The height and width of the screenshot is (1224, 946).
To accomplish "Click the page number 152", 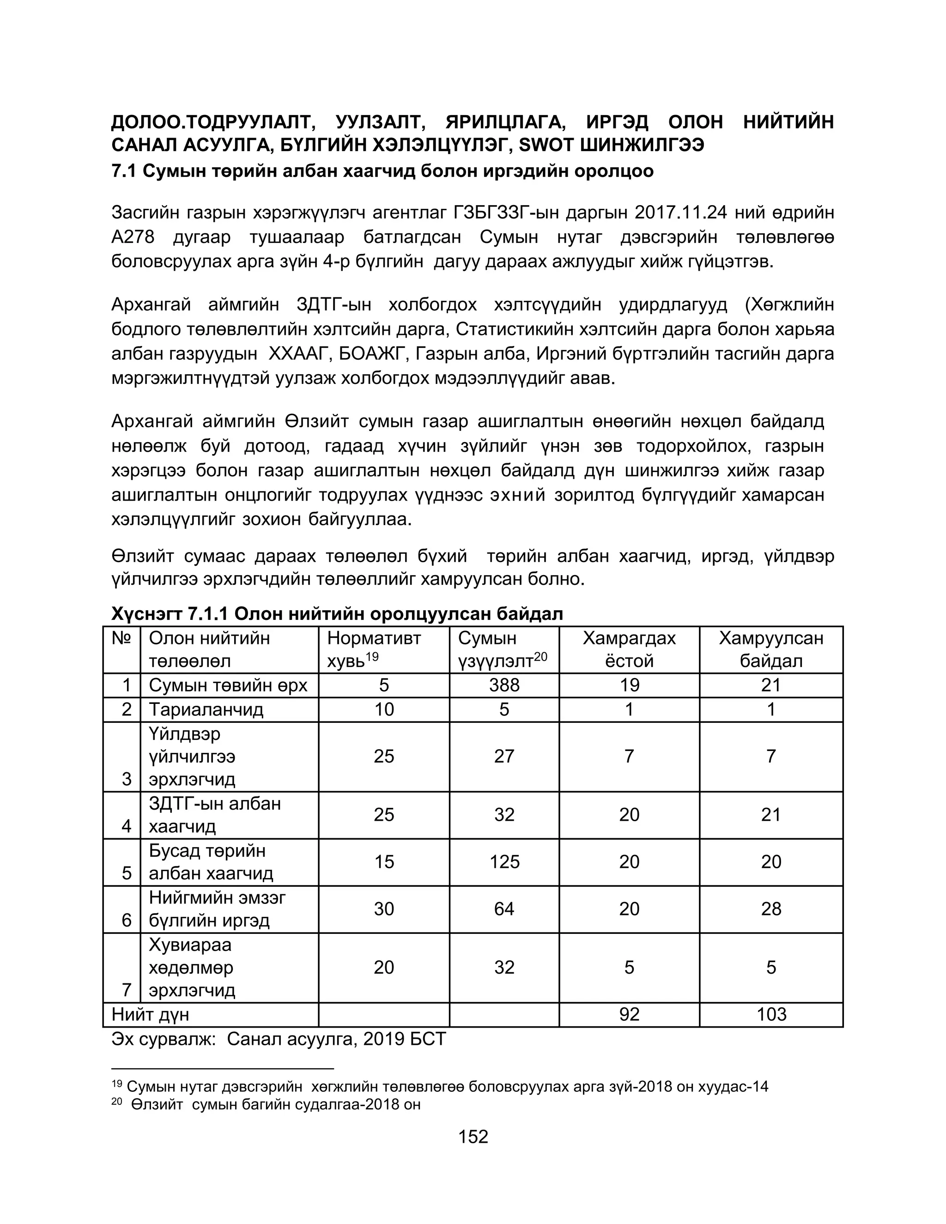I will pyautogui.click(x=473, y=1137).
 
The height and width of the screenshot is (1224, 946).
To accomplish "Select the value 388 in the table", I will pyautogui.click(x=504, y=685).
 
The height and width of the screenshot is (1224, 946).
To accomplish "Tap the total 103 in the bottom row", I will pyautogui.click(x=771, y=1014).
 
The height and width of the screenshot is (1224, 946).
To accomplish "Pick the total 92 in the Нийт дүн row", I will pyautogui.click(x=629, y=1014).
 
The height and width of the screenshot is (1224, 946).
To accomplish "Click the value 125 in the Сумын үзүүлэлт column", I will pyautogui.click(x=504, y=861).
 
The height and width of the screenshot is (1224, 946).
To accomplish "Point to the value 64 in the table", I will pyautogui.click(x=504, y=909).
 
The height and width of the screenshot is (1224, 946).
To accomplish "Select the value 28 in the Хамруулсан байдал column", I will pyautogui.click(x=771, y=909).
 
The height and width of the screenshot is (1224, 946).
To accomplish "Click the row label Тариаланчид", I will pyautogui.click(x=206, y=709).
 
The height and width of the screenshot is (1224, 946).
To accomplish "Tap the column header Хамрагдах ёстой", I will pyautogui.click(x=629, y=649).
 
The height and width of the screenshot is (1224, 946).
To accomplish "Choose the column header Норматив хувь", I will pyautogui.click(x=374, y=649).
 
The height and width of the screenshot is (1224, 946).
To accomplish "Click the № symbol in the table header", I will pyautogui.click(x=121, y=638).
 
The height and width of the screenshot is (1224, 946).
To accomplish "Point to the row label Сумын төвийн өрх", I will pyautogui.click(x=228, y=685).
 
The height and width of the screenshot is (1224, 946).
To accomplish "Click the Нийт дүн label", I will pyautogui.click(x=150, y=1014).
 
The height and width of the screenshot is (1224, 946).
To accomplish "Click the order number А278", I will pyautogui.click(x=133, y=237).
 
